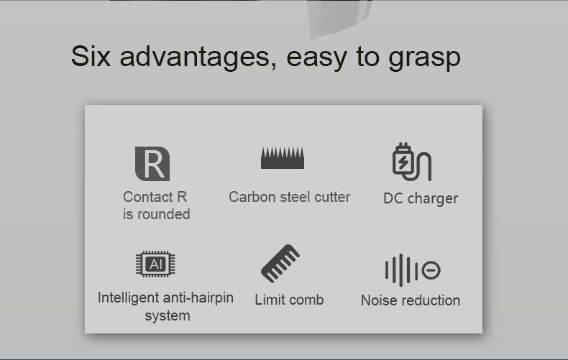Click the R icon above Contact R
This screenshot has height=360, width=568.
152,164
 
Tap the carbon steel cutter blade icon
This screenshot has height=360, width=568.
282,157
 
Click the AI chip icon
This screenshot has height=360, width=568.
155,264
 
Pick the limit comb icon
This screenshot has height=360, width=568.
280,264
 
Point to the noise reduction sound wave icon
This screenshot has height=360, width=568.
412,270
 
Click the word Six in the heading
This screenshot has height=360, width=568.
91,56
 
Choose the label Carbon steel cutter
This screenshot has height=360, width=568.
289,197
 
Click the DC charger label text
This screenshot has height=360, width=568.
421,198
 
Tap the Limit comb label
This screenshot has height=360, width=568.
289,300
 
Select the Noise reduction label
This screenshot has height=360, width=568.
411,300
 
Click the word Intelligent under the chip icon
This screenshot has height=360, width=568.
129,297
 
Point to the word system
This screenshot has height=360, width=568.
167,315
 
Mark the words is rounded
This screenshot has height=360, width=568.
157,214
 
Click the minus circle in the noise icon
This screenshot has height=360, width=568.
431,270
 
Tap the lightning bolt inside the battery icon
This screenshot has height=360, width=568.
403,163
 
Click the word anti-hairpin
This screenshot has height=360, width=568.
198,297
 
